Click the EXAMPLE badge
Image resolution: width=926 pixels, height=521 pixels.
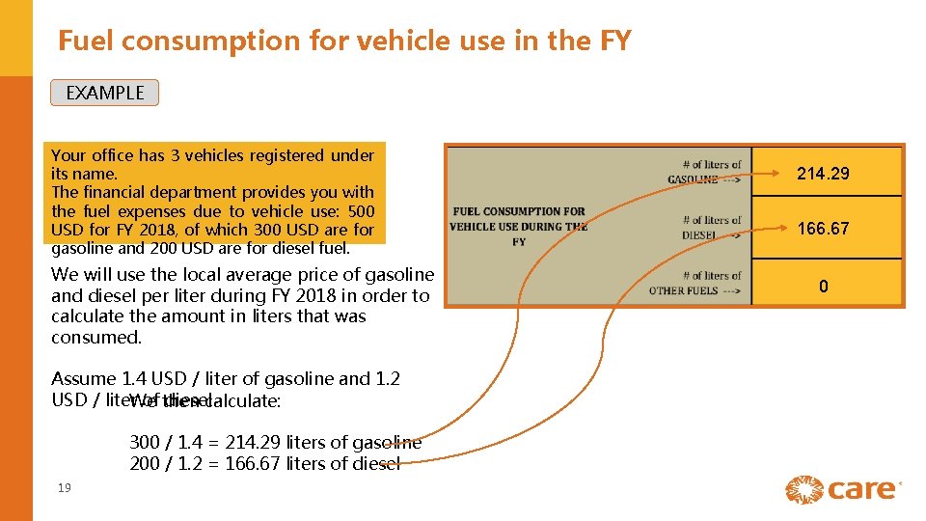(x=104, y=93)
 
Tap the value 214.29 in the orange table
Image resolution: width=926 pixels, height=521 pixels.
(x=823, y=174)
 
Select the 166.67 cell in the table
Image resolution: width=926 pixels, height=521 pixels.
(x=823, y=229)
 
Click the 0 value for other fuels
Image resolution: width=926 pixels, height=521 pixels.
(x=823, y=287)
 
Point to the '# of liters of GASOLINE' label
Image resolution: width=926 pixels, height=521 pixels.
(x=705, y=172)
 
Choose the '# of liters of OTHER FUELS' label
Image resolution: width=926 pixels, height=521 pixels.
(x=696, y=283)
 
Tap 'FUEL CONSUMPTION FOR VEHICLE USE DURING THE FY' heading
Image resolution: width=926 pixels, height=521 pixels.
(x=519, y=227)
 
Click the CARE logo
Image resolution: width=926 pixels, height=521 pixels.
(x=842, y=489)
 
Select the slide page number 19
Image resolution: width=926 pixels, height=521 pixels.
(x=65, y=488)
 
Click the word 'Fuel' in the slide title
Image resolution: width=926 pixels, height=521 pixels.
(x=86, y=41)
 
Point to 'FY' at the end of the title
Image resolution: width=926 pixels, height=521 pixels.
(x=613, y=41)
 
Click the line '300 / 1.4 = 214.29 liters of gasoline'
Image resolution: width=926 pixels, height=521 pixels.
(x=275, y=443)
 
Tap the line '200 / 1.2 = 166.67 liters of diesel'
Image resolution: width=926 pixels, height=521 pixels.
(x=264, y=464)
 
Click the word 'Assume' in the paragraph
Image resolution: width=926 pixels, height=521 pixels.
(x=84, y=378)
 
